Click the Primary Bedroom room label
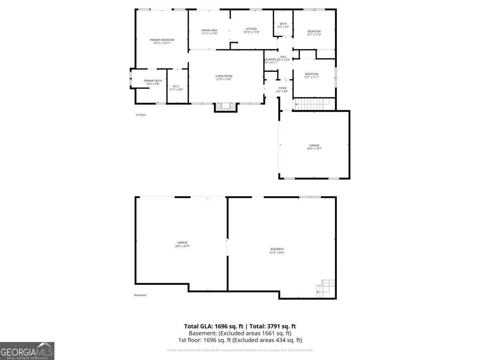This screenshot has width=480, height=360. tap(162, 41)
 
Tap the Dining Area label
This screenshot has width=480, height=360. tap(209, 32)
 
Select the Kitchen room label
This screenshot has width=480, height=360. tap(251, 30)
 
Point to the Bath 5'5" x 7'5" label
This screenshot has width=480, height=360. tap(283, 25)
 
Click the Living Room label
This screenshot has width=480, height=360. tap(224, 78)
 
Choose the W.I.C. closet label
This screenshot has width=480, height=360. tap(176, 88)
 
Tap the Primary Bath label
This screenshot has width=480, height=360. tap(153, 82)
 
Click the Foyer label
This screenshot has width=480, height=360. tap(282, 90)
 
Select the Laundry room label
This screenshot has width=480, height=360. tap(270, 61)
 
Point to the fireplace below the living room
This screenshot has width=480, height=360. tap(226, 107)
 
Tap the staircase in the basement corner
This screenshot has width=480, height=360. tap(326, 288)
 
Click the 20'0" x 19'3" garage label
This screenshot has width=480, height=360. tap(314, 147)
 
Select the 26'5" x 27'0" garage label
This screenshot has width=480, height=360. tap(182, 244)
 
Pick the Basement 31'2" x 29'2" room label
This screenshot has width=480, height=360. tap(277, 251)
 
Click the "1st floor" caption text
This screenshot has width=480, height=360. tap(140, 115)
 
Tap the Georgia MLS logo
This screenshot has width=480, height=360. tap(27, 351)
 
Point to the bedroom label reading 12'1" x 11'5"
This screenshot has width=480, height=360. tap(314, 33)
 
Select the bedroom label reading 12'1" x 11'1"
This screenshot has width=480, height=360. tap(312, 76)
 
